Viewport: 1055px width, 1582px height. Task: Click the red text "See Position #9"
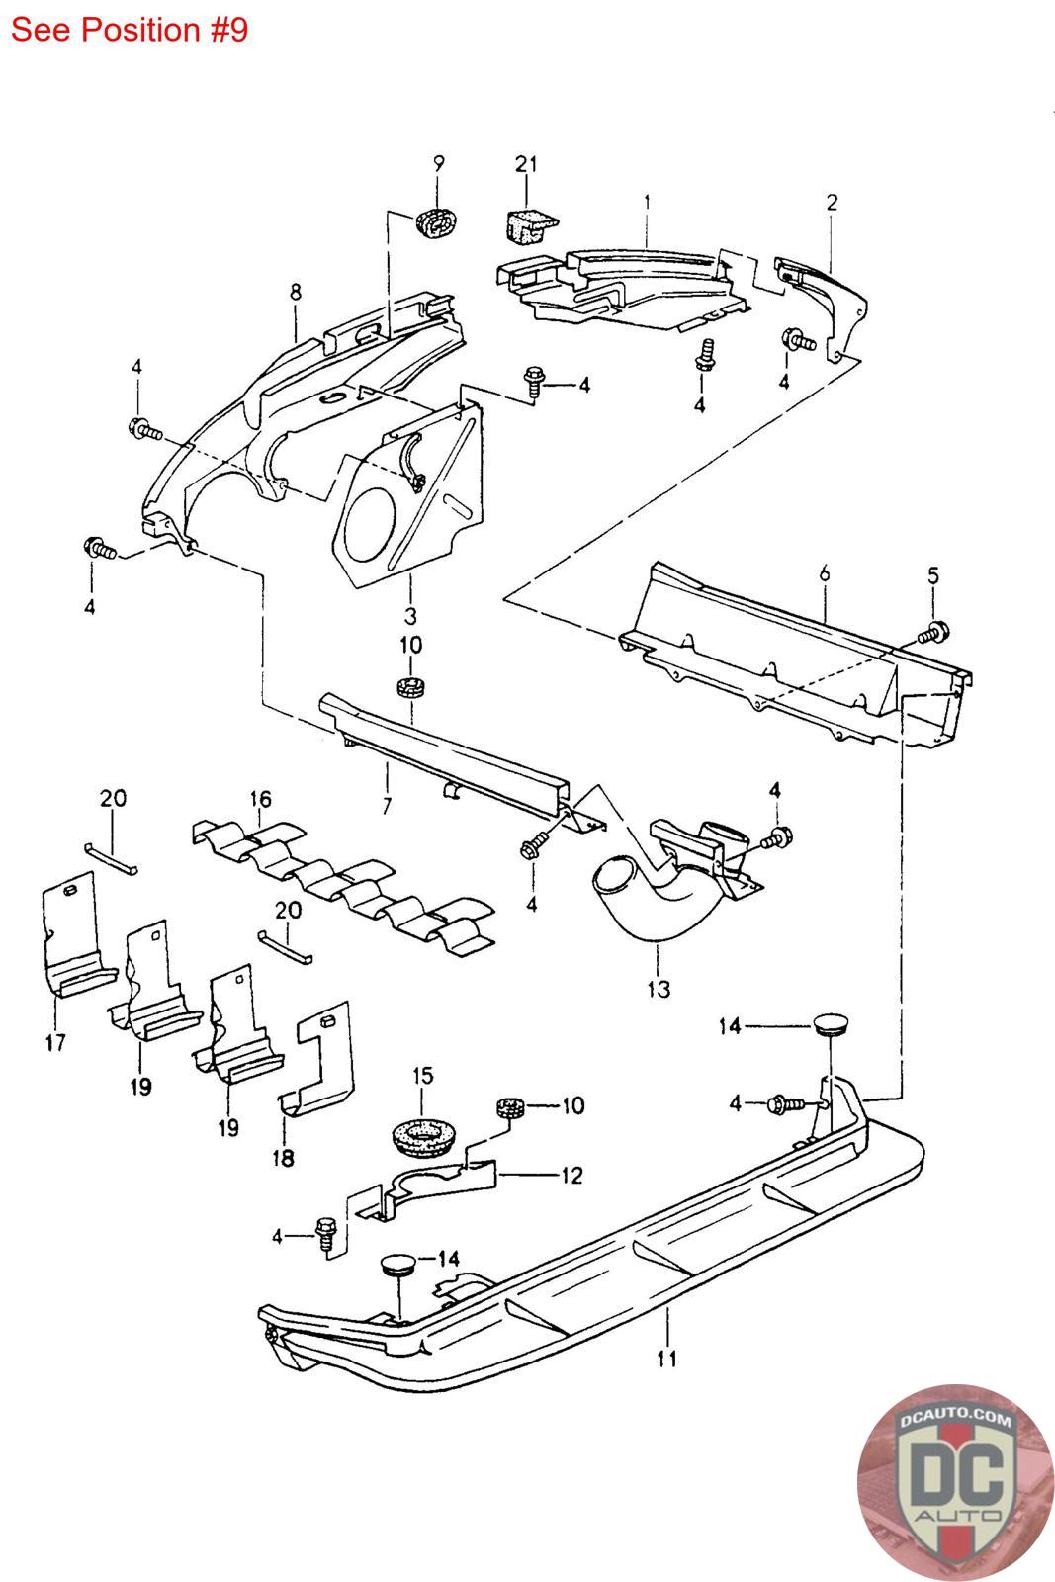130,30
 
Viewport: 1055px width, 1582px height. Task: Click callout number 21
526,164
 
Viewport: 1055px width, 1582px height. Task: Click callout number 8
296,292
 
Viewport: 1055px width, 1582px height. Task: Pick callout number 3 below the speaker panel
410,615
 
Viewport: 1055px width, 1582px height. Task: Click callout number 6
825,573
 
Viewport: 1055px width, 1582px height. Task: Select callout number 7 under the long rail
387,805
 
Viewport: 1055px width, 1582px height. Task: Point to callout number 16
261,799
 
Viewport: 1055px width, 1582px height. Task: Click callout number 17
55,1042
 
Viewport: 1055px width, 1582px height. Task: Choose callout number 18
283,1158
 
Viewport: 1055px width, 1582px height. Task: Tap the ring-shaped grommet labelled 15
421,1136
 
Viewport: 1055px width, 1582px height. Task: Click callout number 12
571,1176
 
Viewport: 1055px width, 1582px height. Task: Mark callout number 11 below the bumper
666,1359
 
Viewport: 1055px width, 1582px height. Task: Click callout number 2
832,203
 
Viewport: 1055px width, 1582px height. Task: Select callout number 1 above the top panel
647,204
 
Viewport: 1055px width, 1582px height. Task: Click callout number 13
659,989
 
